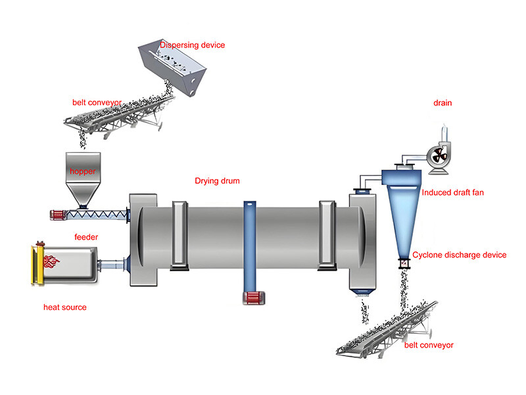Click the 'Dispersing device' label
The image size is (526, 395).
click(x=193, y=45)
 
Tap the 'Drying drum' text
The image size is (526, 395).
click(x=217, y=180)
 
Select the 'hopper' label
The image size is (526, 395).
click(x=84, y=171)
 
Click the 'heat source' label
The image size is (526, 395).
click(x=64, y=307)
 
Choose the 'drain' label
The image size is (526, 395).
click(x=442, y=103)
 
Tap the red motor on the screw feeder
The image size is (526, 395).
click(x=60, y=214)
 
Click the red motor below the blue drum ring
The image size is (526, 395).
click(x=252, y=298)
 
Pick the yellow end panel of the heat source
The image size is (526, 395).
click(x=37, y=265)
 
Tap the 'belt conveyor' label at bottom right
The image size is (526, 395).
click(x=429, y=345)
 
